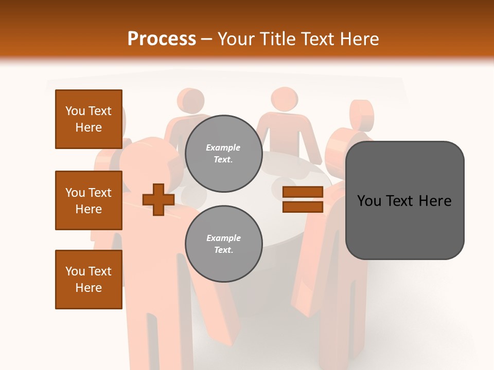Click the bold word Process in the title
click(x=162, y=39)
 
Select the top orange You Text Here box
click(x=89, y=119)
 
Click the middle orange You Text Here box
click(x=89, y=200)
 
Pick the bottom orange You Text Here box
click(x=89, y=280)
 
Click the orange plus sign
click(x=158, y=199)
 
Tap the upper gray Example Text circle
click(x=223, y=153)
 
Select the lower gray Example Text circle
click(x=223, y=244)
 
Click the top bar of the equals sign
click(x=303, y=192)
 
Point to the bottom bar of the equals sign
click(x=303, y=207)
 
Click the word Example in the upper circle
click(x=223, y=147)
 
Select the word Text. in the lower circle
click(x=223, y=250)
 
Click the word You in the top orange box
click(x=75, y=111)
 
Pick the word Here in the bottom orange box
click(x=89, y=288)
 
